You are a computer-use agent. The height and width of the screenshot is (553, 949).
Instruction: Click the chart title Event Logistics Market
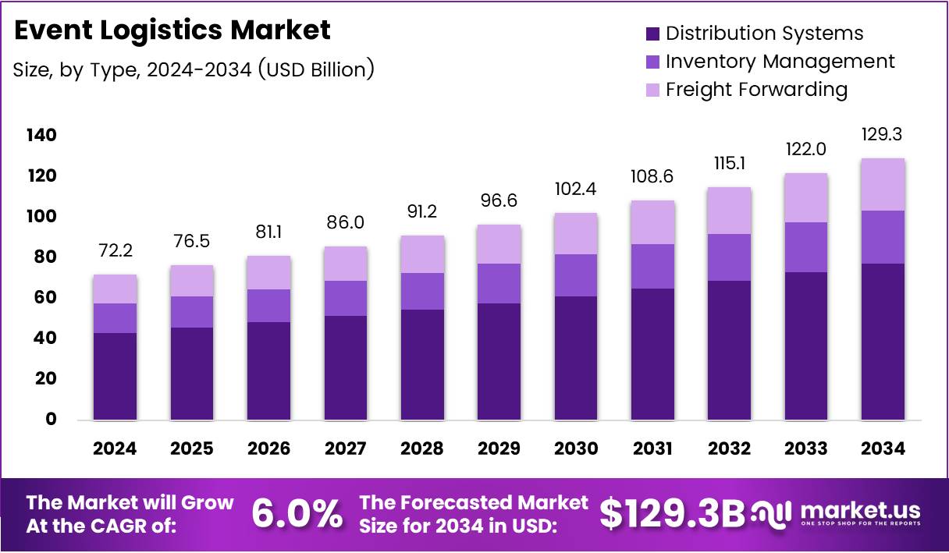(172, 30)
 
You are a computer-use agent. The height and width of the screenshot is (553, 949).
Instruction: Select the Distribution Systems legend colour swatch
(652, 34)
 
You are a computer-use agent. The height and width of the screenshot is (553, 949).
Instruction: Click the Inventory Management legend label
(780, 62)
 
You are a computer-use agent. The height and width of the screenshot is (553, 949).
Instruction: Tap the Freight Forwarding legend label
(756, 90)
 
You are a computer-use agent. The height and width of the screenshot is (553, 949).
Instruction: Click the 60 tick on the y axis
(45, 298)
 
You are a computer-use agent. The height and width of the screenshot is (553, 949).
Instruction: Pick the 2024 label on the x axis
(115, 448)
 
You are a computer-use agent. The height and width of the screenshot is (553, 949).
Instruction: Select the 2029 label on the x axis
(499, 448)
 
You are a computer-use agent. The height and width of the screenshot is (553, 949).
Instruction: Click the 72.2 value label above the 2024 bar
(115, 251)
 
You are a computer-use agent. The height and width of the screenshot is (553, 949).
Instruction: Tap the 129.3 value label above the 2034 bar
(883, 135)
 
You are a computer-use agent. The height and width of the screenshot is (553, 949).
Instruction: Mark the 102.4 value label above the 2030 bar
(575, 190)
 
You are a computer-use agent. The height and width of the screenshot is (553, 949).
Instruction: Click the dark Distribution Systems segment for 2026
(268, 370)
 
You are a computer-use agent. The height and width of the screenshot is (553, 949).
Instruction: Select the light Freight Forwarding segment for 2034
(883, 184)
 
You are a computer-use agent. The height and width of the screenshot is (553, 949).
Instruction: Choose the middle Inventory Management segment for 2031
(652, 266)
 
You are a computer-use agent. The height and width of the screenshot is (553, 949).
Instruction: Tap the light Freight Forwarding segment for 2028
(422, 254)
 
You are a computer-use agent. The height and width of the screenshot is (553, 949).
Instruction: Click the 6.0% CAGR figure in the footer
(297, 513)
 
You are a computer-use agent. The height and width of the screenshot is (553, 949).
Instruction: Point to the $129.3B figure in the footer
(672, 513)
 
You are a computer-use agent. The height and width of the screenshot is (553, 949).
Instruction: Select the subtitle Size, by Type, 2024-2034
(194, 69)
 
